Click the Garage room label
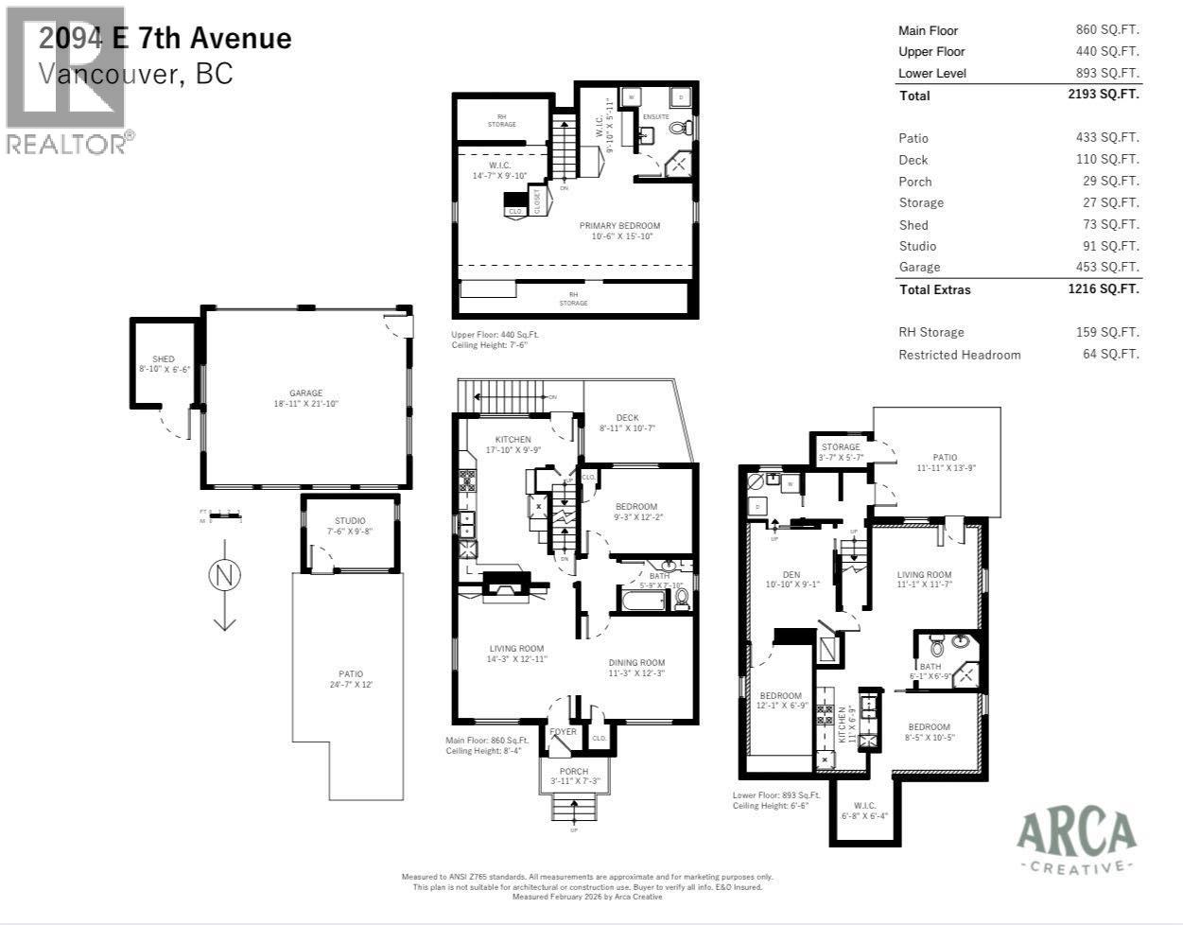(x=305, y=393)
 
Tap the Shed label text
(x=164, y=359)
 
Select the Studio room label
(x=350, y=521)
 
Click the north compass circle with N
(x=224, y=575)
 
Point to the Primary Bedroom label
(x=619, y=226)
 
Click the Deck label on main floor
(x=627, y=417)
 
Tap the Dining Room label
(x=636, y=663)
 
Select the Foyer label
(x=564, y=732)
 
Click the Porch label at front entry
(x=574, y=772)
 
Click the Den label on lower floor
(x=792, y=574)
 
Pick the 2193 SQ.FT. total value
(x=1104, y=95)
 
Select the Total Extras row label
(x=934, y=289)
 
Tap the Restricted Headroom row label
(x=959, y=355)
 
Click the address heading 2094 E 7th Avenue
(x=165, y=38)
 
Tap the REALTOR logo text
(x=66, y=144)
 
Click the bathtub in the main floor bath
(x=642, y=600)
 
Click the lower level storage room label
(x=841, y=447)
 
